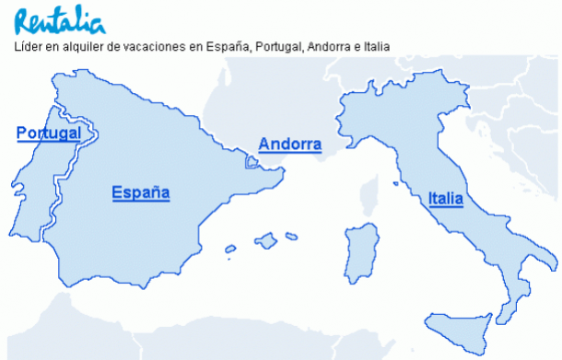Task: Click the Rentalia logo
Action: coord(58,19)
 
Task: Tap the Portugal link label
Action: coord(49,134)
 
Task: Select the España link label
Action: coord(141,192)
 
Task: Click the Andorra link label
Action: coord(289,145)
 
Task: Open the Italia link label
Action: coord(445,198)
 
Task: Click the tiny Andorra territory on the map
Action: coord(252,162)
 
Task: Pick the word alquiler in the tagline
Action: coord(86,46)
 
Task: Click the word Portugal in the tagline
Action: coord(278,46)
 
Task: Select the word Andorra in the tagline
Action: coord(332,46)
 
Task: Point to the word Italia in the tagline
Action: coord(378,46)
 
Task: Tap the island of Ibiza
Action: coord(229,248)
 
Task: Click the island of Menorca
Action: coord(291,236)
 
